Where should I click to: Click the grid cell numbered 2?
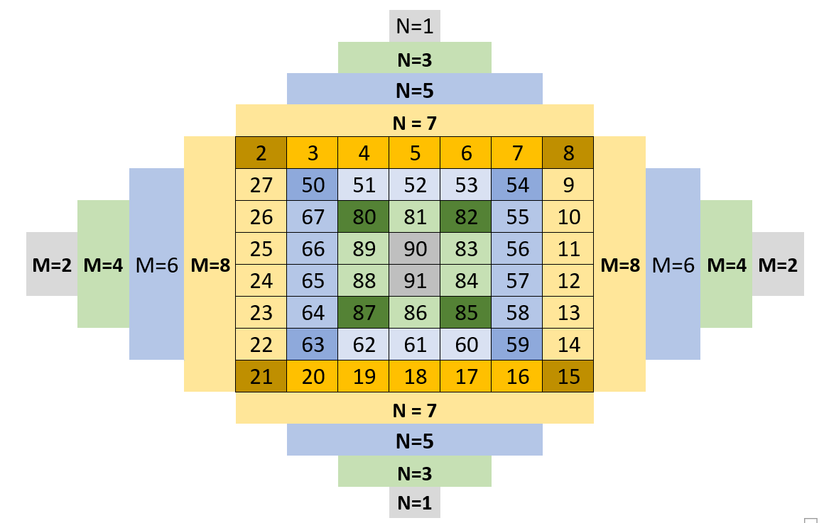(x=261, y=153)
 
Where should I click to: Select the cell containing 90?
(x=415, y=249)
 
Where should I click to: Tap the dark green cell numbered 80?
(x=364, y=217)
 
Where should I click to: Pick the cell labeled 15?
(x=569, y=377)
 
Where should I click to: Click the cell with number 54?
(x=518, y=185)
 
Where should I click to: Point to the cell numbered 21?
(x=261, y=377)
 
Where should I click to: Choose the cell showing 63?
(x=313, y=345)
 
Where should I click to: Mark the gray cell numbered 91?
(x=415, y=281)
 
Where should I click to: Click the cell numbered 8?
(x=569, y=153)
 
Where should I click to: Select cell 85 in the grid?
(x=466, y=313)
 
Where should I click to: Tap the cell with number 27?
(x=261, y=185)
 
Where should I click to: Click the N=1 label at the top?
(x=415, y=26)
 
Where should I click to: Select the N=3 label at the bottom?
(x=415, y=473)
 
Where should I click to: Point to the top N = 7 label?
(x=415, y=123)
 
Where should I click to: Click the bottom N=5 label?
(x=415, y=441)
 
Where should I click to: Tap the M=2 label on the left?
(x=52, y=265)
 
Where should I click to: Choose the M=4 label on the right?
(x=727, y=265)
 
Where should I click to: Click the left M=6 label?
(x=156, y=265)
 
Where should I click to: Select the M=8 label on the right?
(x=620, y=265)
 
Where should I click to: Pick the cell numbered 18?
(x=415, y=377)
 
